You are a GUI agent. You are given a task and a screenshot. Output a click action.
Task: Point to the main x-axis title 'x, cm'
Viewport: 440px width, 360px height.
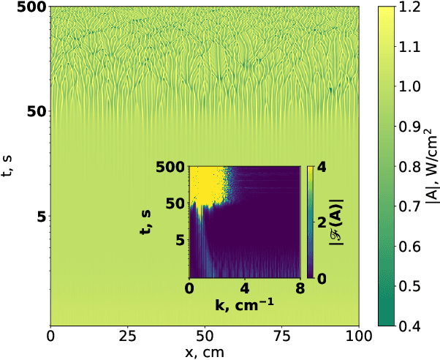click(x=205, y=351)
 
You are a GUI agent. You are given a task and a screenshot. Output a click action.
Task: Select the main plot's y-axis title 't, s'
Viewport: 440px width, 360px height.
click(x=10, y=165)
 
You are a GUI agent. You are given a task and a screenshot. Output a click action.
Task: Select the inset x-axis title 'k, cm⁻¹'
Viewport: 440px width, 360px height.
click(x=244, y=301)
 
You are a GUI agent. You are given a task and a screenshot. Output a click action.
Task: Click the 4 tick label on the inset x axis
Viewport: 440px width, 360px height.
click(x=244, y=287)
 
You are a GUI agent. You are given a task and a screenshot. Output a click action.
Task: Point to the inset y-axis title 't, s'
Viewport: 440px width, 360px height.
click(x=147, y=222)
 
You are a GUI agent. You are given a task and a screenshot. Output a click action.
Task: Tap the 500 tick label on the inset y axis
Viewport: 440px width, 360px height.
click(x=173, y=168)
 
